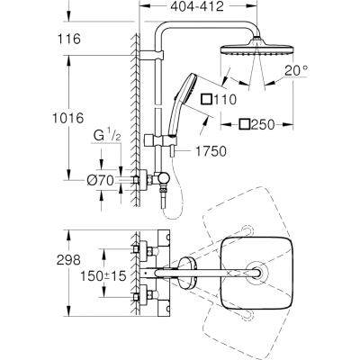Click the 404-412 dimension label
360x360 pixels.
coord(197,6)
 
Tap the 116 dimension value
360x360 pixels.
coord(68,39)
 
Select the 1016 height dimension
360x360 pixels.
coord(67,118)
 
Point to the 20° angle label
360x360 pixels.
coord(296,70)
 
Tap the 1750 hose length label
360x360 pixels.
coord(211,151)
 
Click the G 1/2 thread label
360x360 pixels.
coord(107,136)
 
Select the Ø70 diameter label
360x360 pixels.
coord(100,180)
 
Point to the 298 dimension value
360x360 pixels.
coord(68,260)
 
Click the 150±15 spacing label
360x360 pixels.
coord(103,276)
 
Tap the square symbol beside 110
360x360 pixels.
coord(207,99)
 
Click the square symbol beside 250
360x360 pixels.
coord(245,124)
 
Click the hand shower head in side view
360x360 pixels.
coord(184,91)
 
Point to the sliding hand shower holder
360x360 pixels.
coord(158,140)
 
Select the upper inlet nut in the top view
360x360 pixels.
coord(137,248)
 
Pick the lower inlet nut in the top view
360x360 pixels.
coord(137,298)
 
